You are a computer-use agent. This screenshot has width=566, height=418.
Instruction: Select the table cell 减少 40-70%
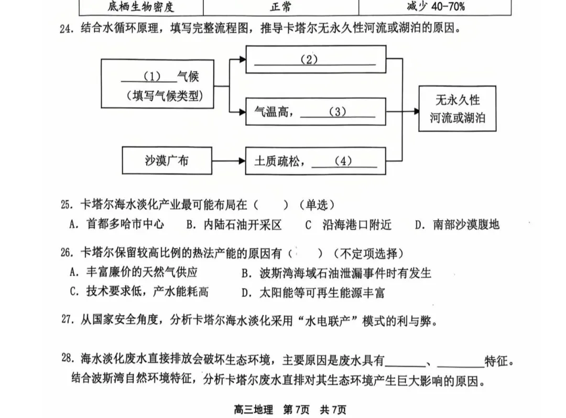tap(435, 7)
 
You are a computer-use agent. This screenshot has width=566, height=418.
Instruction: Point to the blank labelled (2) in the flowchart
tap(315, 60)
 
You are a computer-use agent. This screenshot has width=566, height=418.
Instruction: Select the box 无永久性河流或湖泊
tap(458, 109)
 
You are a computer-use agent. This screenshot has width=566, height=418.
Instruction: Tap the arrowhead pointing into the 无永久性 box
tap(415, 111)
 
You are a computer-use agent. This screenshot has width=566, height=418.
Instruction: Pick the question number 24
tap(67, 29)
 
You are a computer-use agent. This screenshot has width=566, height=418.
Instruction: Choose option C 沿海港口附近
tap(349, 224)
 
